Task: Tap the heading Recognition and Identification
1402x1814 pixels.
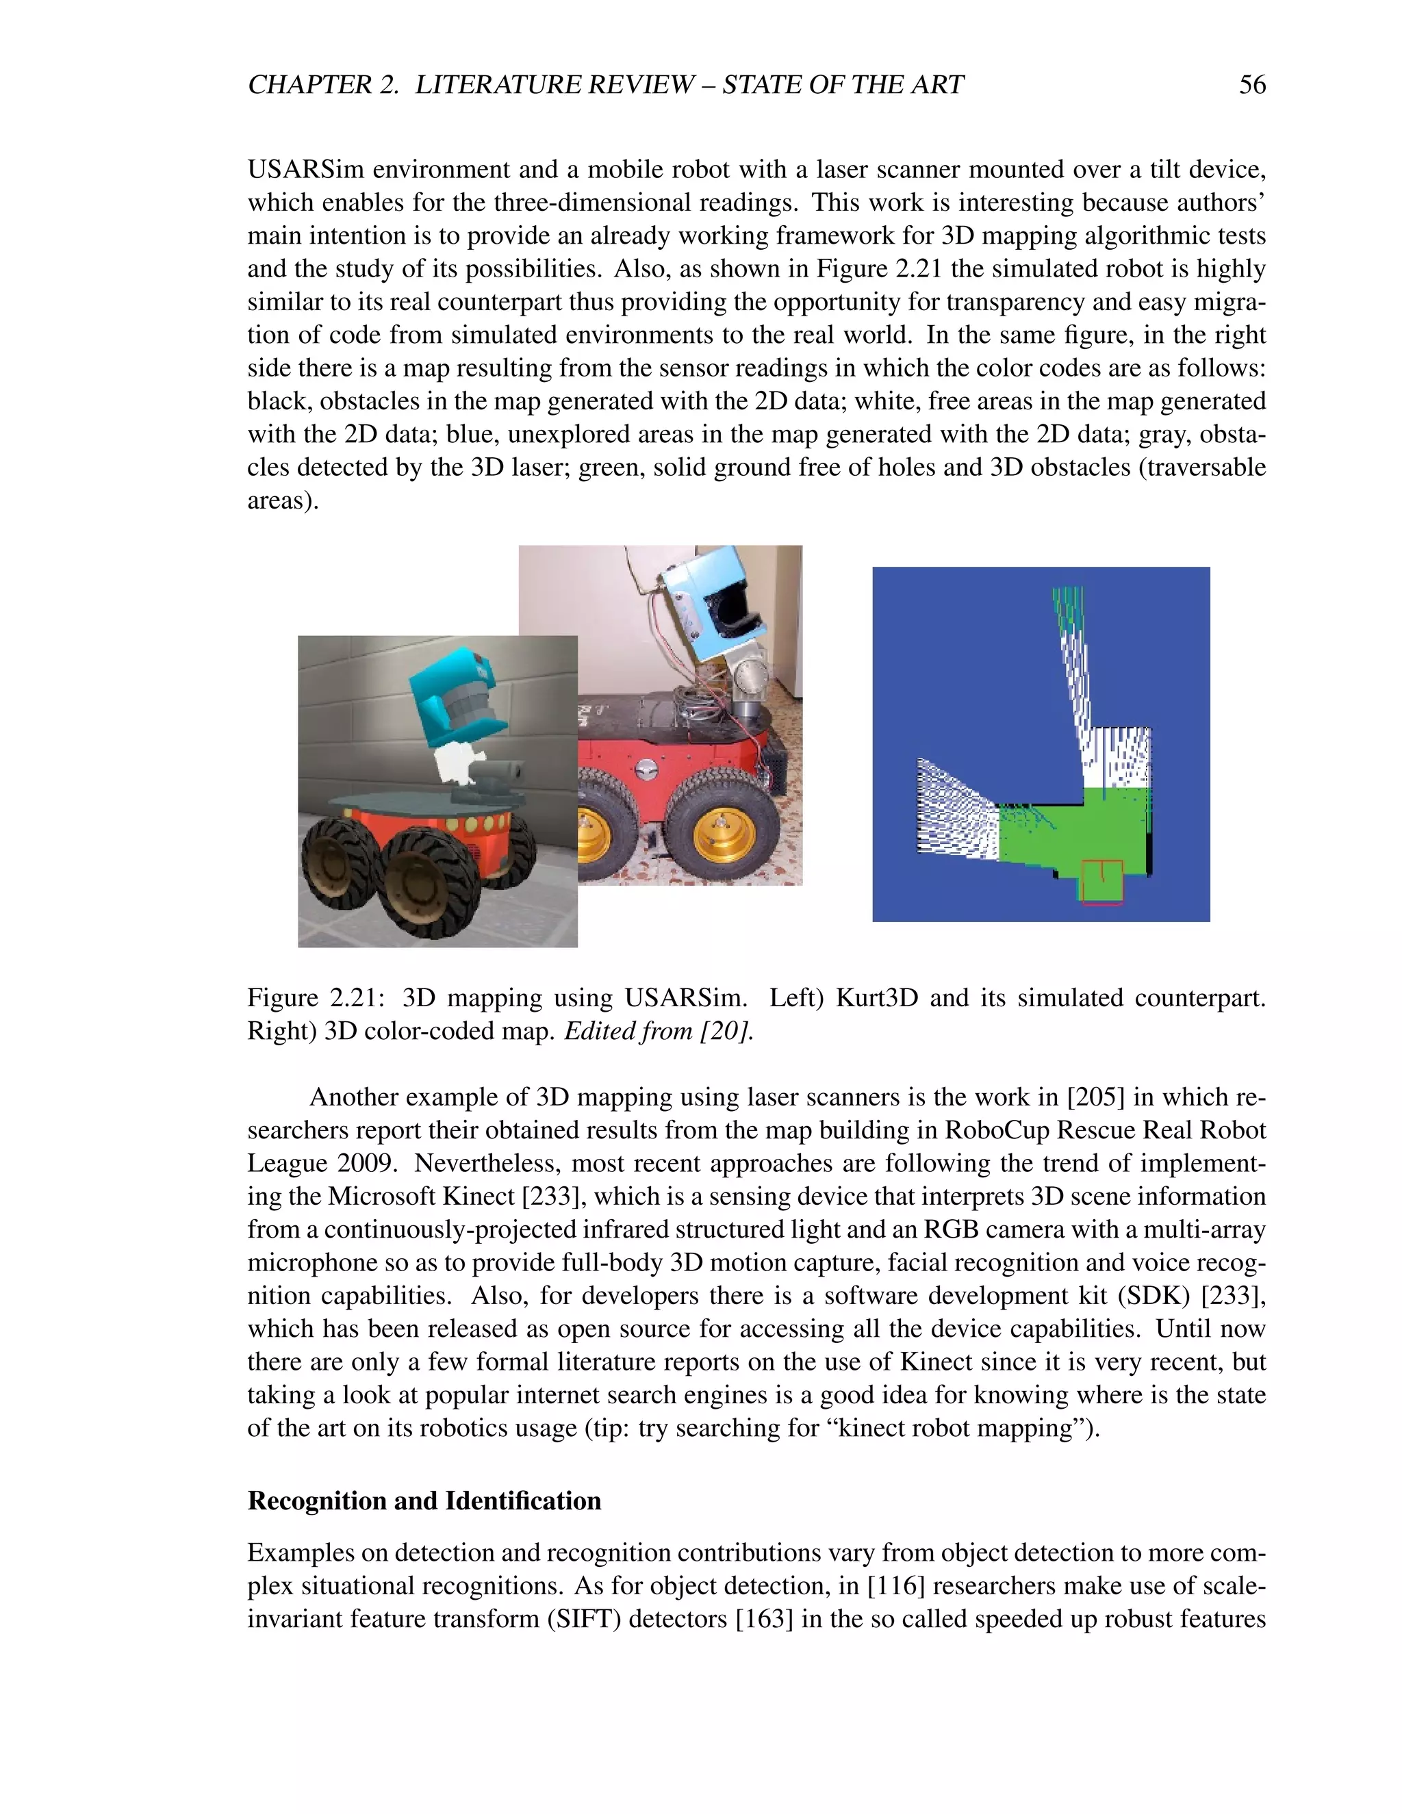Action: [424, 1501]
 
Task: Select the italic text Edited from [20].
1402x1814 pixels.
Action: [659, 1031]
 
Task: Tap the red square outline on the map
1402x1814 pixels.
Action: [1101, 882]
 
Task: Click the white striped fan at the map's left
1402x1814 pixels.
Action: [955, 810]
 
